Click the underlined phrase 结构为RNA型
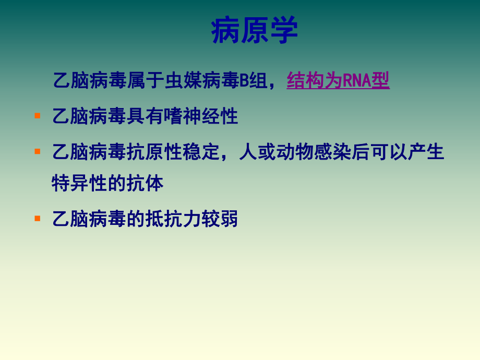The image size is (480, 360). click(x=338, y=81)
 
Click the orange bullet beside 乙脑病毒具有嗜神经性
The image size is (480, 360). click(x=37, y=115)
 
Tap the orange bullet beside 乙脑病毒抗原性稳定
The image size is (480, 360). click(x=37, y=151)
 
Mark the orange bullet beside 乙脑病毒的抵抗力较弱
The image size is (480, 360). click(x=37, y=218)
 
